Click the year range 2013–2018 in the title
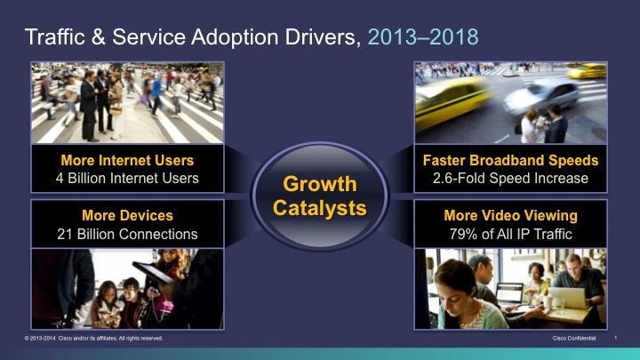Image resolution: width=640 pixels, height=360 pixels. click(x=423, y=36)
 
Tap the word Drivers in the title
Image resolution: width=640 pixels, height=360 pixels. click(x=323, y=37)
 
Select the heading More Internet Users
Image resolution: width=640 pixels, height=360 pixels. click(x=127, y=160)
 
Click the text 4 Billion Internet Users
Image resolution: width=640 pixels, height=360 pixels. click(x=127, y=179)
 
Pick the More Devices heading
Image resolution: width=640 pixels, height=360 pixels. click(x=127, y=215)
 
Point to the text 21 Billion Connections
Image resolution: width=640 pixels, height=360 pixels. click(x=127, y=235)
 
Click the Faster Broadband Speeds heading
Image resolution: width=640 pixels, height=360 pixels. click(x=510, y=160)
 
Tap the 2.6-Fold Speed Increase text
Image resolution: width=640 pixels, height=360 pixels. click(x=510, y=179)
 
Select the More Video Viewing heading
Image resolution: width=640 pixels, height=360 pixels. click(x=510, y=215)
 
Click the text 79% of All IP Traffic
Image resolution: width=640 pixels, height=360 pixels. click(x=510, y=235)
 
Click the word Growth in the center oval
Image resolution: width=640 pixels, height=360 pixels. click(x=320, y=184)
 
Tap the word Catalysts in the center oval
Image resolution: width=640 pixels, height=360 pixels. click(x=320, y=208)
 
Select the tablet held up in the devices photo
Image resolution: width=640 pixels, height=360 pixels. click(x=153, y=272)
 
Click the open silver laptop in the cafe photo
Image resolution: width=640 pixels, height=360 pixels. click(x=568, y=298)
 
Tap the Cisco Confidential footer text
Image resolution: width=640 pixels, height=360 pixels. click(x=574, y=339)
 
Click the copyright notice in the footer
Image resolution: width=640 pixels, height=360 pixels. click(x=93, y=339)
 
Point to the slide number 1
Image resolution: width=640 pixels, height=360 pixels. click(x=615, y=338)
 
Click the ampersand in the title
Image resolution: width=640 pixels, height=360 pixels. click(x=99, y=37)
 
